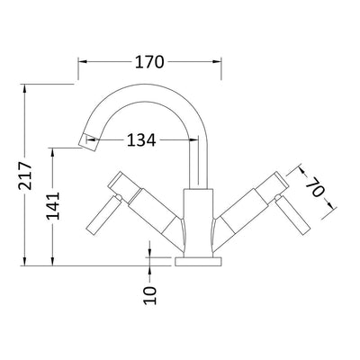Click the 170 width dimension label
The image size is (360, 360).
click(x=149, y=62)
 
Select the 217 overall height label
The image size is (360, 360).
click(x=25, y=175)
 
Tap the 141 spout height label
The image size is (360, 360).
click(x=53, y=206)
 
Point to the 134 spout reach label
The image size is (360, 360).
click(x=141, y=139)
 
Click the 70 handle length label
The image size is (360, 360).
click(x=316, y=186)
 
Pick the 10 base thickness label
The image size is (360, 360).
click(x=150, y=295)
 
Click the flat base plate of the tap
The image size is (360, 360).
click(x=198, y=262)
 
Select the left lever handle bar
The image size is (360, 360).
click(x=104, y=214)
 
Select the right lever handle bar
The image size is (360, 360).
click(x=293, y=214)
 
